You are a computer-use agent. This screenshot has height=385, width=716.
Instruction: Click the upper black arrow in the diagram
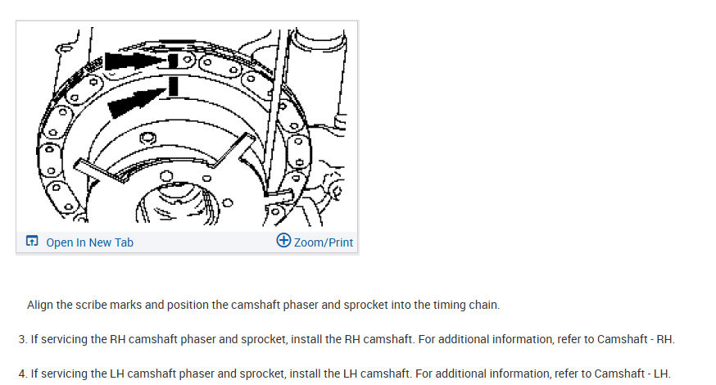pos(131,61)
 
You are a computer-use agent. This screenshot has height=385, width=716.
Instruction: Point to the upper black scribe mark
pos(173,61)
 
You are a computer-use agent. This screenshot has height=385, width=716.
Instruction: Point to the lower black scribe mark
pos(173,85)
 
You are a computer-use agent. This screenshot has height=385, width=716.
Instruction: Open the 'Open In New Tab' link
pos(89,242)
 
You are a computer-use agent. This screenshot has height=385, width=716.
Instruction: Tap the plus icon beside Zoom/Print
pos(283,241)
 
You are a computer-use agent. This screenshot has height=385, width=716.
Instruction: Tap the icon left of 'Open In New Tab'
pos(32,242)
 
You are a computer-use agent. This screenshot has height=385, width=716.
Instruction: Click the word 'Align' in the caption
pos(39,305)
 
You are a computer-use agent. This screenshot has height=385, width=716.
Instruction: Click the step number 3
pos(21,339)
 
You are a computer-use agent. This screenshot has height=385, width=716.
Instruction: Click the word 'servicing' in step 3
pos(59,339)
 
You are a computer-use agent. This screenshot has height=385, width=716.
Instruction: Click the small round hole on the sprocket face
pos(148,137)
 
